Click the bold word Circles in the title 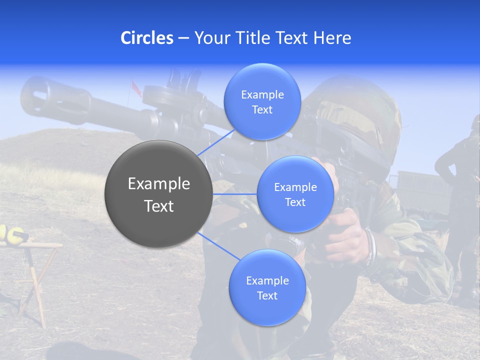pos(146,38)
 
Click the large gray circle pos(158,194)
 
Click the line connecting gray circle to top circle pos(216,142)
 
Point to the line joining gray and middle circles pos(234,194)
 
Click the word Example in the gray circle pos(158,184)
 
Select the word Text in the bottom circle pos(267,295)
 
